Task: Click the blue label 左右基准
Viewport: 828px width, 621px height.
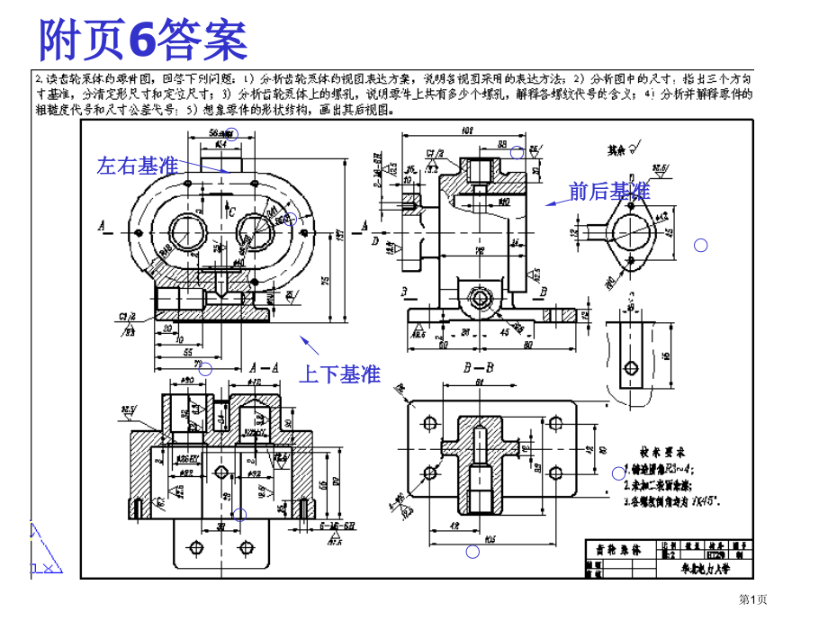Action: [138, 166]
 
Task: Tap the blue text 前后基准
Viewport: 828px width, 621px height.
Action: [609, 191]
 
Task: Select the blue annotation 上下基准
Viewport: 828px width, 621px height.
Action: [339, 374]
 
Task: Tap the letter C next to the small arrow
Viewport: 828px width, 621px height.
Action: [231, 212]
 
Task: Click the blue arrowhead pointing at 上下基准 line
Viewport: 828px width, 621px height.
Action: [304, 339]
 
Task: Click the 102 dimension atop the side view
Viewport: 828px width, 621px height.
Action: [468, 131]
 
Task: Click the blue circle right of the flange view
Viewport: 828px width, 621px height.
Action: [701, 245]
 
